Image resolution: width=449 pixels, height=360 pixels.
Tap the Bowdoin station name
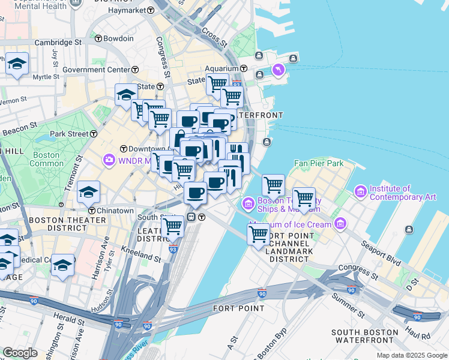point(118,38)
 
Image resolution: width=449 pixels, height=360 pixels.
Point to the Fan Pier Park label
point(318,163)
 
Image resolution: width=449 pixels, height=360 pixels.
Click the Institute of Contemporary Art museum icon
point(360,191)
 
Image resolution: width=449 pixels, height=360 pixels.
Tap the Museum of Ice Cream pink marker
point(340,224)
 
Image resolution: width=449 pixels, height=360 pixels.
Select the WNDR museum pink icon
point(109,160)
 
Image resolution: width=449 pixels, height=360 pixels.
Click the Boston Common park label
point(46,159)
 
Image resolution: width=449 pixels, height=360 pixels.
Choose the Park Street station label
point(65,133)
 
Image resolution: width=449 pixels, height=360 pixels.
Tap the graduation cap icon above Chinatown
point(88,193)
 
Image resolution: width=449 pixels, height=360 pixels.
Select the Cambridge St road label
point(58,43)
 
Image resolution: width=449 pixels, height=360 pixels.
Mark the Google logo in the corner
point(20,353)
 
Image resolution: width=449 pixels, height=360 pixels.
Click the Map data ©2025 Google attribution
point(411,355)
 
